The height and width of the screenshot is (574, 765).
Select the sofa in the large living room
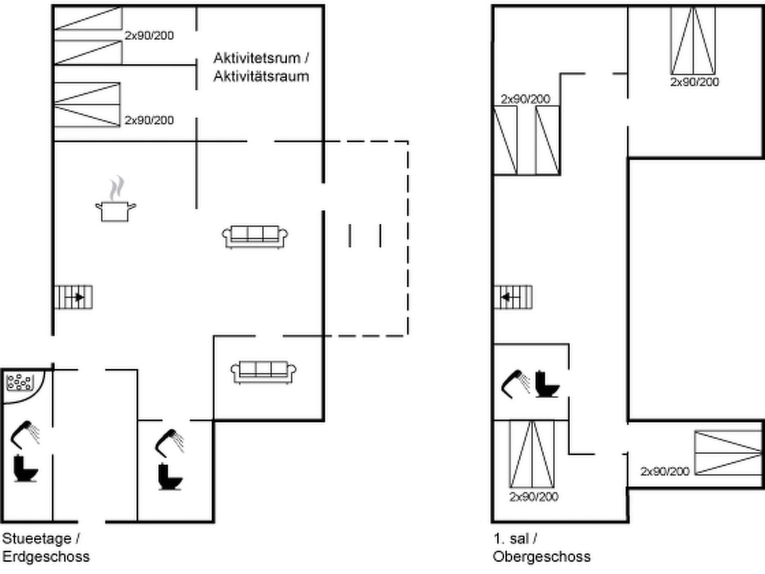tap(255, 236)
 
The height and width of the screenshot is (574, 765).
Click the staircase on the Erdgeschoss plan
tap(73, 297)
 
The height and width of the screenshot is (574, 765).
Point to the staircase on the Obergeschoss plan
tap(513, 297)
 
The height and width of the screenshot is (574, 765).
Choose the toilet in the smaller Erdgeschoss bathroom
tap(169, 476)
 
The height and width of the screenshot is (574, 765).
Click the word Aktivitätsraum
tap(261, 77)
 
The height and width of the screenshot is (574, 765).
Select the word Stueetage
tap(37, 539)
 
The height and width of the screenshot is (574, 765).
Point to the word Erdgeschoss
tap(46, 557)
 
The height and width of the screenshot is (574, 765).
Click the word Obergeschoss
tap(542, 557)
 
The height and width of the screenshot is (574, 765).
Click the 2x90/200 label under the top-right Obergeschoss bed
tap(694, 82)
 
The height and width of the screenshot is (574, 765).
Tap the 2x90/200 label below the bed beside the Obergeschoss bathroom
tap(534, 497)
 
